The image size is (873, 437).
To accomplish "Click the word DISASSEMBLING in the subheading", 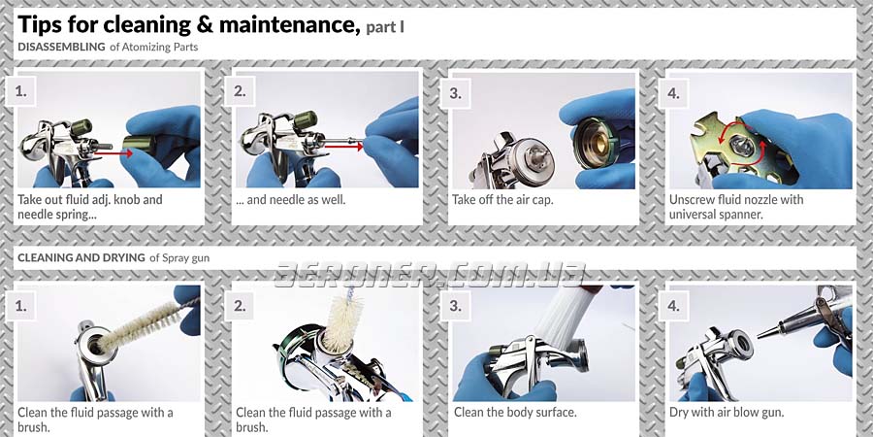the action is click(x=61, y=47).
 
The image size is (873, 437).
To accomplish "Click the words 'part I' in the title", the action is click(x=385, y=27).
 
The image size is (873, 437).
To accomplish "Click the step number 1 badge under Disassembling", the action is click(x=20, y=91).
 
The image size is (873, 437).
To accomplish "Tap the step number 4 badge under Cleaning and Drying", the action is click(x=673, y=306).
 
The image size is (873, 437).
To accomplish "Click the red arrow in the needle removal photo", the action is click(x=343, y=147).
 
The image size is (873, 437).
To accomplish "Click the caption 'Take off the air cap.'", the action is click(x=502, y=199).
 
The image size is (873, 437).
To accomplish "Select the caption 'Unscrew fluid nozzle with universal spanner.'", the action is click(x=736, y=207).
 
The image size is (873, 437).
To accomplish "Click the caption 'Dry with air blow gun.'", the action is click(x=727, y=413).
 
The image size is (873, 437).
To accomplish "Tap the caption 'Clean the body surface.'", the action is click(x=515, y=413).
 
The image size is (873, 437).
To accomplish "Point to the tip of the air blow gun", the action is click(x=758, y=336).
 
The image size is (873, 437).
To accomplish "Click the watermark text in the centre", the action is click(x=431, y=274).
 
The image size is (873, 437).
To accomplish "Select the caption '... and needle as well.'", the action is click(x=290, y=199).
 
